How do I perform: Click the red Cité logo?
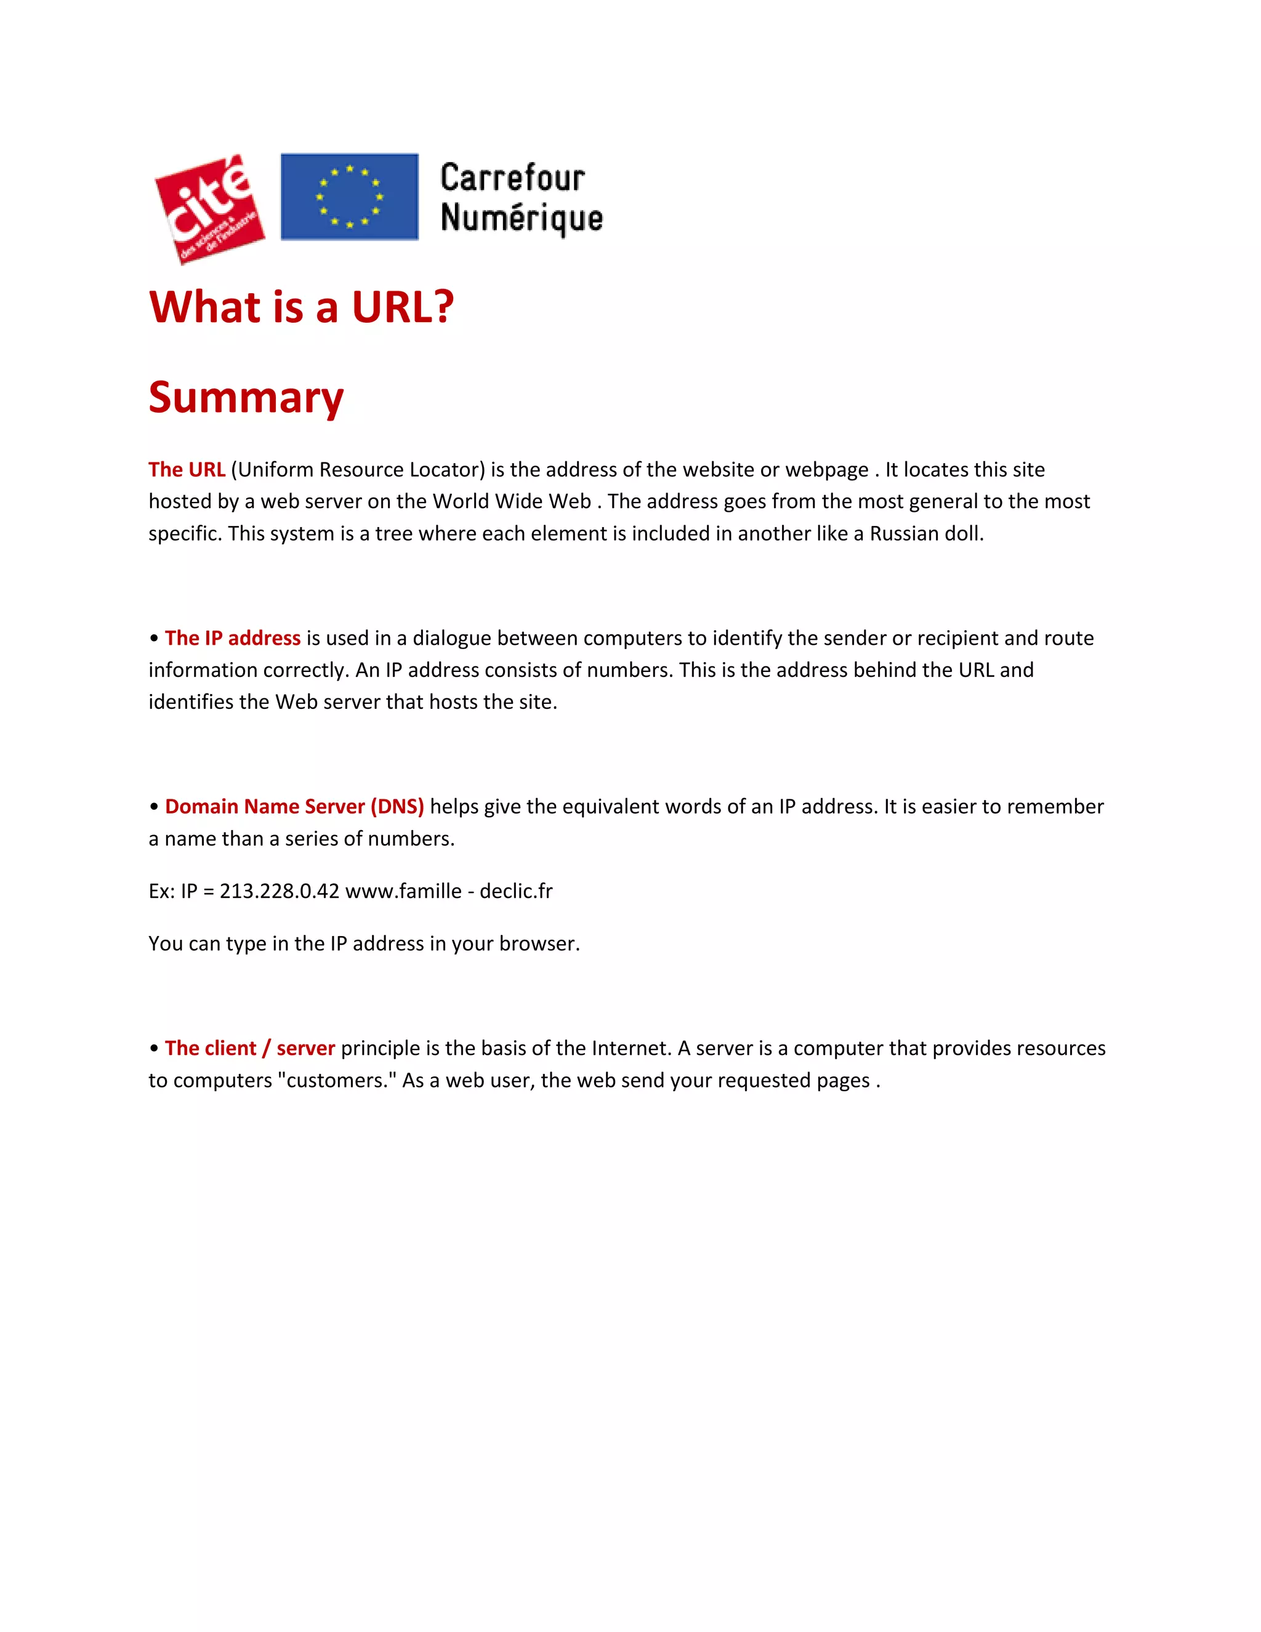click(210, 209)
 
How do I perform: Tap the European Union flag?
click(349, 196)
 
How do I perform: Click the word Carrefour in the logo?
click(512, 178)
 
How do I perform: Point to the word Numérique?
click(522, 218)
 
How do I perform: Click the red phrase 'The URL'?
click(187, 469)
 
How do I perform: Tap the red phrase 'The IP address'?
click(232, 637)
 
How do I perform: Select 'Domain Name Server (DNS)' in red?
click(294, 806)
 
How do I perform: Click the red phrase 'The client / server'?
click(249, 1048)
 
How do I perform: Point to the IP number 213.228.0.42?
click(280, 891)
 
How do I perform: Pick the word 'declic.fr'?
click(516, 891)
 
